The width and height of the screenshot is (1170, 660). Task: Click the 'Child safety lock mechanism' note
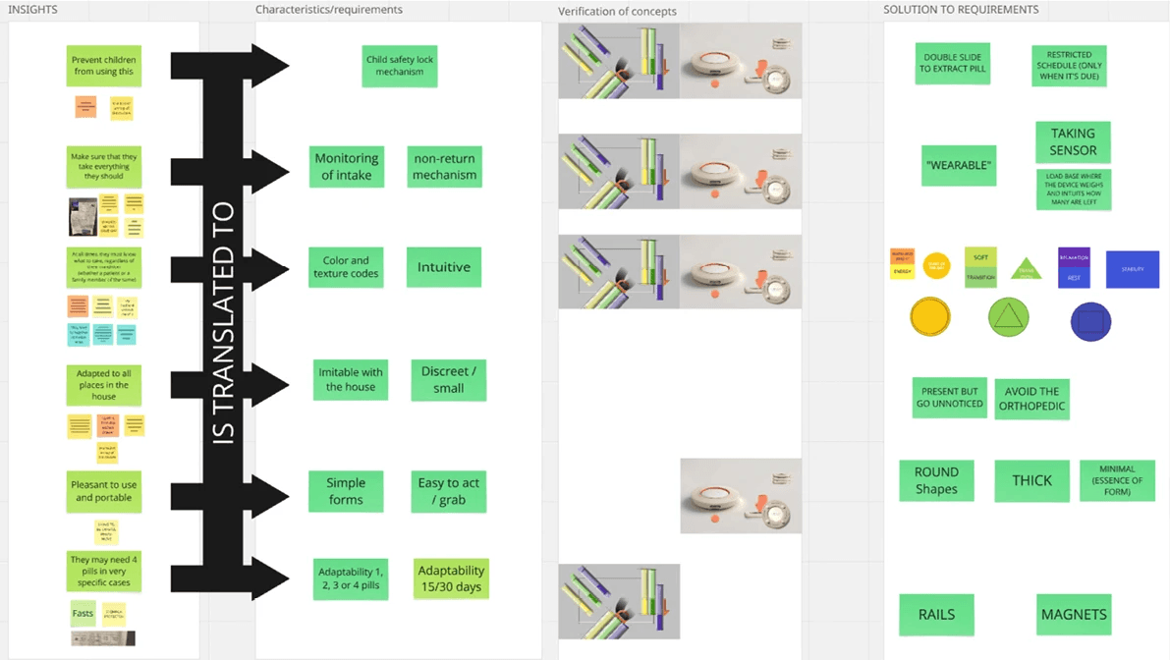tap(399, 66)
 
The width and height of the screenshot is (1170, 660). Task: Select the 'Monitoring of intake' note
tap(346, 167)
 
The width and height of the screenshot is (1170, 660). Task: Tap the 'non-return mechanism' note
tap(444, 167)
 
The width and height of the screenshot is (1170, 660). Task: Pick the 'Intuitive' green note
tap(444, 267)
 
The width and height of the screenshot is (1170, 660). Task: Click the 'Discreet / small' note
tap(448, 380)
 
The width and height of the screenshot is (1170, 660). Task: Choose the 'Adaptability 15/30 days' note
tap(451, 578)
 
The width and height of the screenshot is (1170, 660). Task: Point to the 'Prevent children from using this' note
tap(104, 66)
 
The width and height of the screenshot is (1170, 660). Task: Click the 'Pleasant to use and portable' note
tap(104, 491)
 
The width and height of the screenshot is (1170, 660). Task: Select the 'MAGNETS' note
tap(1073, 615)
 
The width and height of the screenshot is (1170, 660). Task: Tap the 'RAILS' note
tap(936, 615)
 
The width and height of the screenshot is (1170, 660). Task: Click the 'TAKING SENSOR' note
tap(1073, 142)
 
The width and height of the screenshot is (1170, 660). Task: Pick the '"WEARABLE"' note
tap(959, 166)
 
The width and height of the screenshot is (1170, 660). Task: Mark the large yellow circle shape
tap(930, 318)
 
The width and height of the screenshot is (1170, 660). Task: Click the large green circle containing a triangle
tap(1009, 318)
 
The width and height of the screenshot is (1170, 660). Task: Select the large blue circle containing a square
tap(1090, 321)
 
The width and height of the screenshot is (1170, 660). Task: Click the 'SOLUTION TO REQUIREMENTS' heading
tap(960, 10)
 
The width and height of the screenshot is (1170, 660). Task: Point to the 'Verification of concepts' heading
tap(617, 12)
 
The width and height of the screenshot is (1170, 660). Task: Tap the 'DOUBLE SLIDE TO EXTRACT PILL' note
tap(952, 63)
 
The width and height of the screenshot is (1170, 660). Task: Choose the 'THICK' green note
tap(1031, 481)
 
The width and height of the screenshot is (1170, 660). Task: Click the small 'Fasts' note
tap(84, 614)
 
